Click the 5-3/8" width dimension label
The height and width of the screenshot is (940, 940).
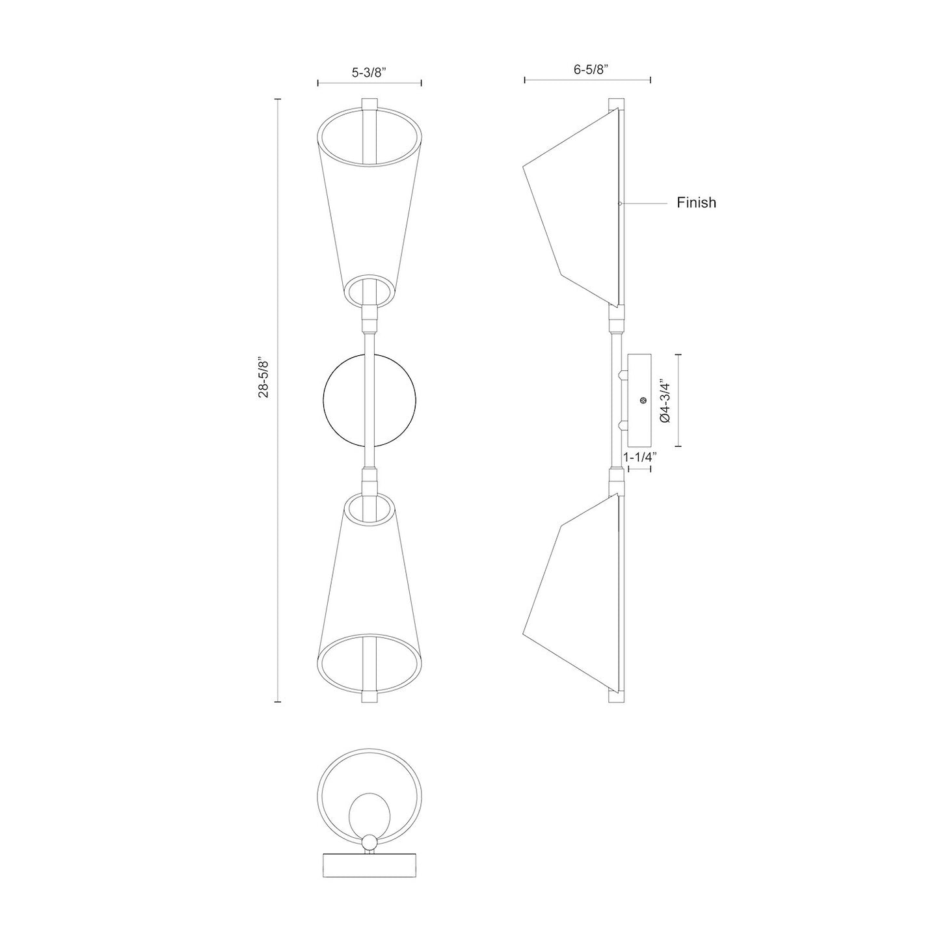[x=369, y=73]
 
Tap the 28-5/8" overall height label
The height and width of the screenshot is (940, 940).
[x=263, y=377]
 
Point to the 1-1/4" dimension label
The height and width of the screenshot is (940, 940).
[x=639, y=457]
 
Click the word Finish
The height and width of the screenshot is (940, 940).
[x=696, y=202]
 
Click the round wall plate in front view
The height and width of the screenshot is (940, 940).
[x=345, y=400]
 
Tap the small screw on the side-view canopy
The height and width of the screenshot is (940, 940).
[x=643, y=401]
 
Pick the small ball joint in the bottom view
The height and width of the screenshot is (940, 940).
[x=369, y=844]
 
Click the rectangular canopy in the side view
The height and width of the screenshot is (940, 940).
[x=639, y=400]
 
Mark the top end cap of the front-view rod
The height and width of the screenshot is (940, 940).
[x=369, y=104]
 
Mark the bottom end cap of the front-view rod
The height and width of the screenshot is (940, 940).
[x=369, y=697]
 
